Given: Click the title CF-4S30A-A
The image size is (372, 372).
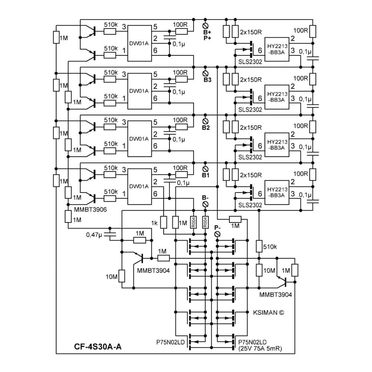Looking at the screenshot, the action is pyautogui.click(x=98, y=347).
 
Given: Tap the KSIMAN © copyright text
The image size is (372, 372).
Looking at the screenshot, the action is pyautogui.click(x=268, y=312).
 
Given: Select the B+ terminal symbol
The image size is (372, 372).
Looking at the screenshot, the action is pyautogui.click(x=206, y=26).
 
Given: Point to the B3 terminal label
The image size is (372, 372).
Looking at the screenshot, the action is pyautogui.click(x=207, y=80).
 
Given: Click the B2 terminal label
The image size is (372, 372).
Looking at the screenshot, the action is pyautogui.click(x=206, y=128).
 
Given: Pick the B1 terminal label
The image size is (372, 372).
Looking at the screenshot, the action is pyautogui.click(x=206, y=175).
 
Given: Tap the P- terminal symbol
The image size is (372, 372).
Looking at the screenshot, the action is pyautogui.click(x=217, y=234).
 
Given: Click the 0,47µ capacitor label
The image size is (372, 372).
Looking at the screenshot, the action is pyautogui.click(x=94, y=235).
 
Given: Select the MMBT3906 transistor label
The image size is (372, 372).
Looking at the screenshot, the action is pyautogui.click(x=91, y=210).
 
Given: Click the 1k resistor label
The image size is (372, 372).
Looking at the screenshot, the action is pyautogui.click(x=154, y=223).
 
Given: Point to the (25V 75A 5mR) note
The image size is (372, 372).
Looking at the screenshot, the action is pyautogui.click(x=260, y=348).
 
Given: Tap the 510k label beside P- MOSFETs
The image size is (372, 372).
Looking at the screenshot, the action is pyautogui.click(x=270, y=247).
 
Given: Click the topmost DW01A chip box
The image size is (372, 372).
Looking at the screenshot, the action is pyautogui.click(x=140, y=43).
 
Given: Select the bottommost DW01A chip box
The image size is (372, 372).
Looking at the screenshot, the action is pyautogui.click(x=140, y=186).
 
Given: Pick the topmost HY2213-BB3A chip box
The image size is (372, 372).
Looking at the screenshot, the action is pyautogui.click(x=277, y=49).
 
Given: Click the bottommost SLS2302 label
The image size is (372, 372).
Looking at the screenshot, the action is pyautogui.click(x=250, y=205).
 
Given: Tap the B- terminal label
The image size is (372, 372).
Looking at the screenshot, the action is pyautogui.click(x=205, y=198).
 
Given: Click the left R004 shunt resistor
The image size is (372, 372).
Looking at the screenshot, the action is pyautogui.click(x=193, y=222).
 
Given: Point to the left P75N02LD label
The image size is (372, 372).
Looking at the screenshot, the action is pyautogui.click(x=170, y=342).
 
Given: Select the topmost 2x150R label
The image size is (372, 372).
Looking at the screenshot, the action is pyautogui.click(x=251, y=32).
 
